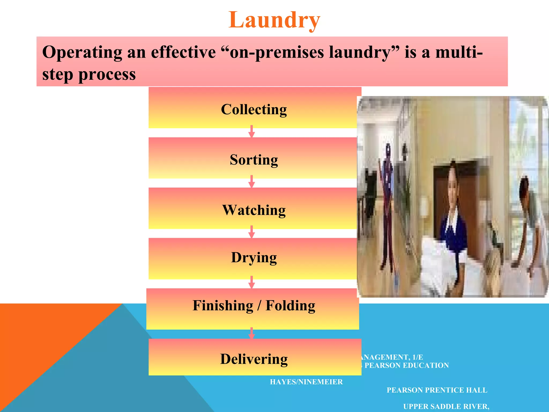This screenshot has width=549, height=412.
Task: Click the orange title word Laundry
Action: coord(274,20)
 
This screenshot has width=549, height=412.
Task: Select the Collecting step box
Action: coord(254,109)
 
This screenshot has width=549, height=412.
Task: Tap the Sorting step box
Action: coord(254,159)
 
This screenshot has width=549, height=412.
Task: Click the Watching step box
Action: coord(254,210)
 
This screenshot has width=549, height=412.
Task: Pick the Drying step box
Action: coord(254,257)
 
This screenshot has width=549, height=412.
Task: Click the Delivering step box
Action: coord(254,359)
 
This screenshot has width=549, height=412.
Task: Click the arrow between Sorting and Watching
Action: coord(251,182)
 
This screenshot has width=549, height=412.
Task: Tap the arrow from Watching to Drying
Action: coord(251,232)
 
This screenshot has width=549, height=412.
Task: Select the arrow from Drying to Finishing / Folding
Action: coord(251,282)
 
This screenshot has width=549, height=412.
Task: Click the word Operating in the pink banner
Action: coord(82,53)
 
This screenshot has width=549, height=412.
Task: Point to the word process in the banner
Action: coord(107,75)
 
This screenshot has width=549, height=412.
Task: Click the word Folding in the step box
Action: coord(290,306)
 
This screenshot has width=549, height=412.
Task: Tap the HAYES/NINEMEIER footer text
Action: coord(306,382)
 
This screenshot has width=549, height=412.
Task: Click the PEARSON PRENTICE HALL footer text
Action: coord(437,390)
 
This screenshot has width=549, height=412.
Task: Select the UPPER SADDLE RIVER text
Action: coord(446,407)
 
